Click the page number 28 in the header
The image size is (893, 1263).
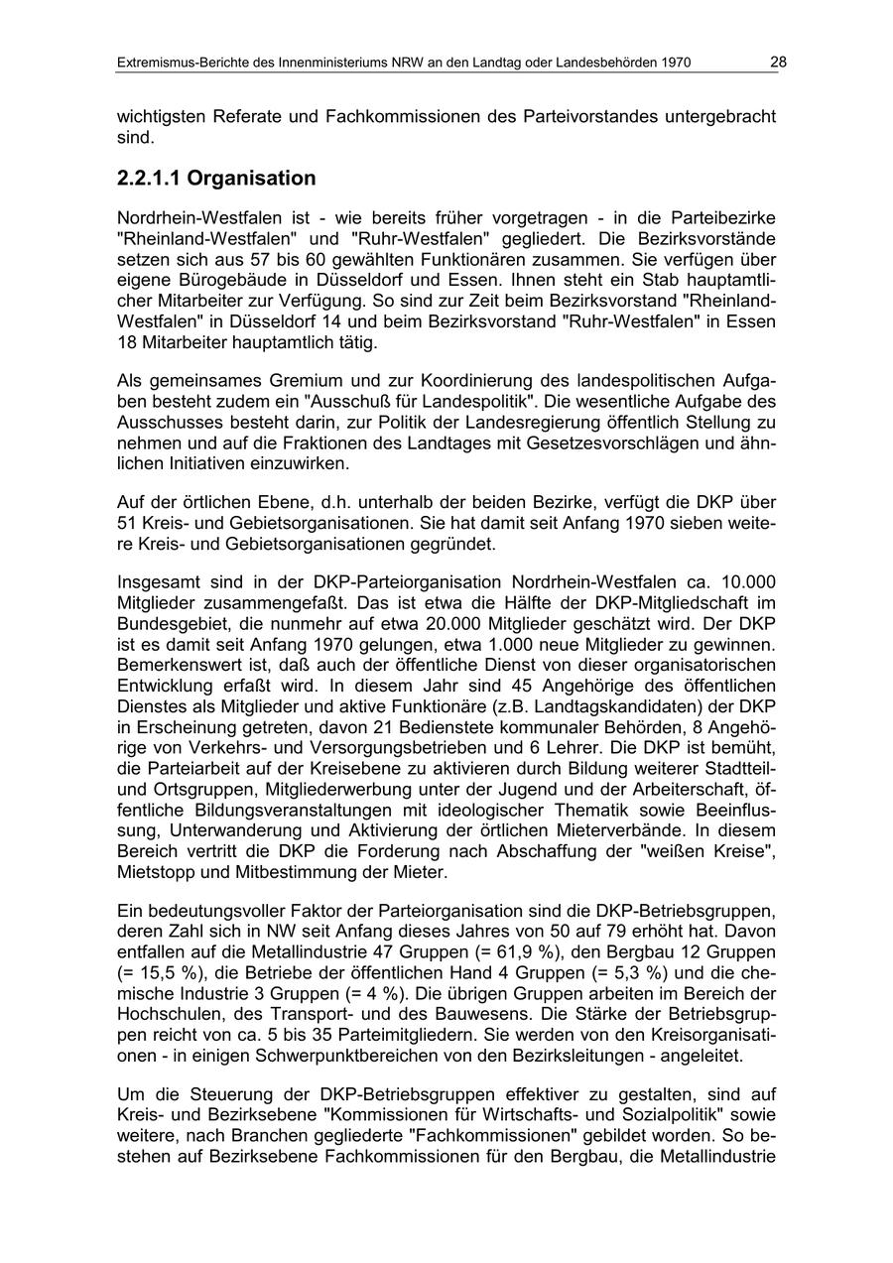pyautogui.click(x=778, y=63)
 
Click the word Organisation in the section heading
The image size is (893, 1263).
pyautogui.click(x=251, y=179)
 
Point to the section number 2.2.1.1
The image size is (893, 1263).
pyautogui.click(x=149, y=179)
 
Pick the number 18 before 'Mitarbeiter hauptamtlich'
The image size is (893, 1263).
pyautogui.click(x=126, y=343)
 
